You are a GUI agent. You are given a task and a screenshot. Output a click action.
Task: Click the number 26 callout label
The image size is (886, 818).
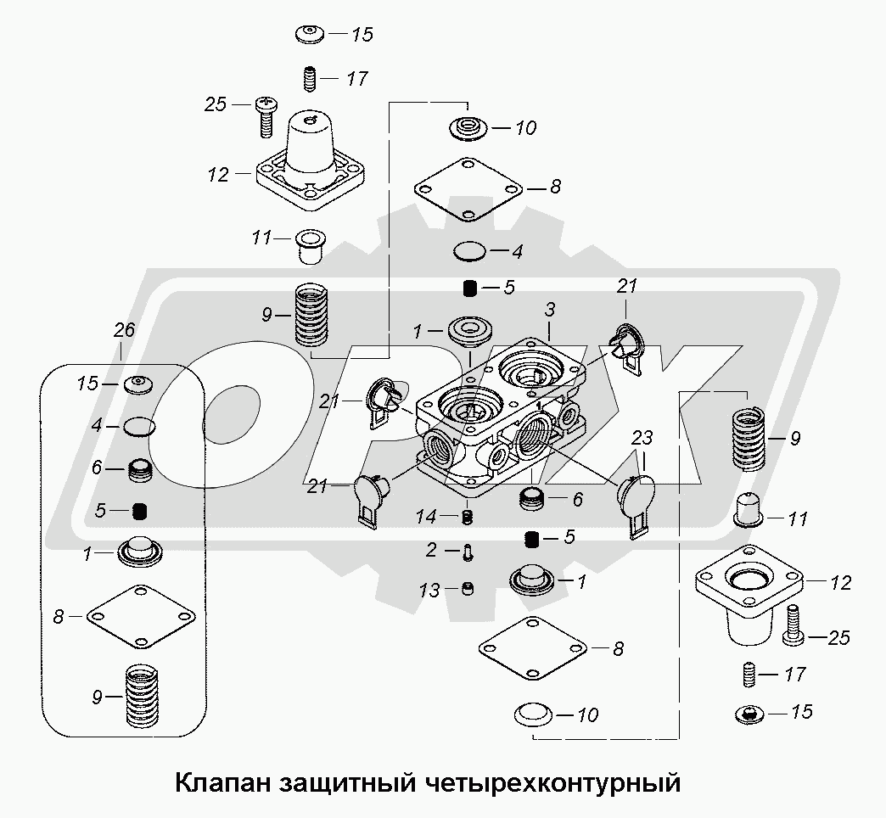[124, 330]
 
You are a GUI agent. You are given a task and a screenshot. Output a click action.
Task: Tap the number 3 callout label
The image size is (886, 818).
[550, 310]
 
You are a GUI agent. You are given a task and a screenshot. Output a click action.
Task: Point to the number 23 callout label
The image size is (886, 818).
[642, 438]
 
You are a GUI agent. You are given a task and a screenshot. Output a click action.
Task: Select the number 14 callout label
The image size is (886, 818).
[426, 516]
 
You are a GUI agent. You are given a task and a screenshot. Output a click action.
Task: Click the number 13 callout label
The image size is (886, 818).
[429, 591]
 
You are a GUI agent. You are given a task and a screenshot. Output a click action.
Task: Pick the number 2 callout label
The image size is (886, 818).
[431, 549]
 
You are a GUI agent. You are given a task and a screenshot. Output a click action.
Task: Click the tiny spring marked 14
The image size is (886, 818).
[467, 517]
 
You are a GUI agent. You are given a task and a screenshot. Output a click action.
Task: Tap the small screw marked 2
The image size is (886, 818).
[467, 552]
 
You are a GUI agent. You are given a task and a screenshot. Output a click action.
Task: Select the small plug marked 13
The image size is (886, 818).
[468, 589]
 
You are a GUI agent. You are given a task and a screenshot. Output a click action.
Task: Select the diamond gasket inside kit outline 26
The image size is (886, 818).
[141, 616]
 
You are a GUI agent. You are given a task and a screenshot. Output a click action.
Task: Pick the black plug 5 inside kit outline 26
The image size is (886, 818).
[139, 512]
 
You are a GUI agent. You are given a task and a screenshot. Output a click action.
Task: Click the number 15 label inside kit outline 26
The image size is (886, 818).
[87, 384]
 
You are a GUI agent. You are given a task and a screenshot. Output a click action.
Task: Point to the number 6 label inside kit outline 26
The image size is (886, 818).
[97, 468]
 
